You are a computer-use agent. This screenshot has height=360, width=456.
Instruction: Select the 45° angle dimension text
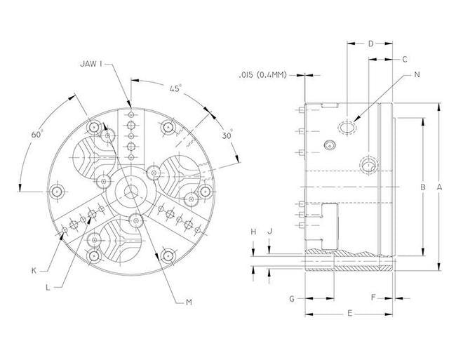(x=175, y=88)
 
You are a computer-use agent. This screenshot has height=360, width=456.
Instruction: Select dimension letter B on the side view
(x=422, y=187)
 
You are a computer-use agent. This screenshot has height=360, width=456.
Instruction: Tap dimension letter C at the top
(x=405, y=60)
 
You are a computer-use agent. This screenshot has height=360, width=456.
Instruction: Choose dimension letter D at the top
(x=371, y=44)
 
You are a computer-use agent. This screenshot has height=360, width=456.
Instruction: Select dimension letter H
(x=253, y=231)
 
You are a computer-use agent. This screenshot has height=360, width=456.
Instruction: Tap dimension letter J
(x=270, y=231)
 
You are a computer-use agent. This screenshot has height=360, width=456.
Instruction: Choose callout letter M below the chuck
(x=189, y=302)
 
